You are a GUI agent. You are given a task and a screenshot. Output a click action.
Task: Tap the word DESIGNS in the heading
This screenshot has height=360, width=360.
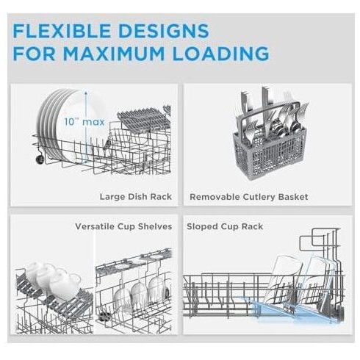[164, 30]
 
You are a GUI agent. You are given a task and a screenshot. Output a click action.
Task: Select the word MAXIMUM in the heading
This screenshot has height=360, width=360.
[114, 53]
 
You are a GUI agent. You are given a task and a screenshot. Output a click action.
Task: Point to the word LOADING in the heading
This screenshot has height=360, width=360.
[220, 53]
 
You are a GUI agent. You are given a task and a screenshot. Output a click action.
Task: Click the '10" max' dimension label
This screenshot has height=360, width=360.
[84, 122]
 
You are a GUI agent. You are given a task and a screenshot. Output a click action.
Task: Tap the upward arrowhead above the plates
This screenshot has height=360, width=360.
[86, 93]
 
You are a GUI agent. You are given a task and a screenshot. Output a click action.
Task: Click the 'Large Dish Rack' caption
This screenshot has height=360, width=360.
[136, 197]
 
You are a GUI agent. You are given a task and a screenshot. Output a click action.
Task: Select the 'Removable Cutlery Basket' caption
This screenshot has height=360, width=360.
[249, 197]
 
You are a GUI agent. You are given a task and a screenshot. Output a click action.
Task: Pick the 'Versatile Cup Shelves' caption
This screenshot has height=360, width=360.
[123, 226]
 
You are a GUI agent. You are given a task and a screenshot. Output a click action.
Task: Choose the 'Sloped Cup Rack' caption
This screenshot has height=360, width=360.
[225, 226]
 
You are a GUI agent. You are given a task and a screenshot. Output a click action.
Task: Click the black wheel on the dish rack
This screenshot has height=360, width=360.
[40, 159]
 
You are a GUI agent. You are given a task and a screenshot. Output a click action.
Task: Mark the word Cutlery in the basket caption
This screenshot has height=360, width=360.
[259, 197]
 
